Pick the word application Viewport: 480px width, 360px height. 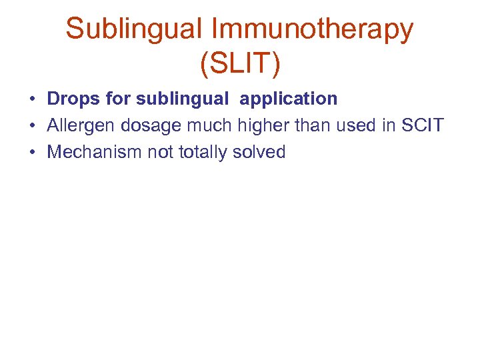coord(289,99)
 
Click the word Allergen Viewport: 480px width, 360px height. coord(81,125)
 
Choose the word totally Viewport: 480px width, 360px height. coord(203,152)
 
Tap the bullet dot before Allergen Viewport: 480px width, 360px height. coord(32,126)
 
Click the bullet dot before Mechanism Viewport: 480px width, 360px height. coord(32,153)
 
